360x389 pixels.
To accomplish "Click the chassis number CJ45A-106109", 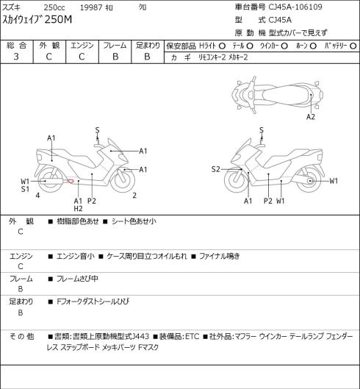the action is pos(295,7).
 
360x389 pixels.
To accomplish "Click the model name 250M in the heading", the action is pos(58,20).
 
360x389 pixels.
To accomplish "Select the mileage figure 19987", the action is pos(91,7).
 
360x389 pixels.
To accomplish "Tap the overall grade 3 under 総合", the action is pos(16,57).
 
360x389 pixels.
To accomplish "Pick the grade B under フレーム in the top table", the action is pos(115,57).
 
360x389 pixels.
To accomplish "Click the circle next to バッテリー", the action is pos(353,46).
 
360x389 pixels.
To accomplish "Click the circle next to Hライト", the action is pos(222,46).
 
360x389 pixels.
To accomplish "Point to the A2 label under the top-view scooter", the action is pos(311,117).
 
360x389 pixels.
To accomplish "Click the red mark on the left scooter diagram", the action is pos(71,181).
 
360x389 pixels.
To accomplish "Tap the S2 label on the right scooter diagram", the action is pos(216,169).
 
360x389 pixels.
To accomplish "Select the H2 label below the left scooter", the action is pos(78,209).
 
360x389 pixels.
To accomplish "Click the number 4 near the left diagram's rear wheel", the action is pos(37,196).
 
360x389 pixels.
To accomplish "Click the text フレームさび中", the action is pos(77,279).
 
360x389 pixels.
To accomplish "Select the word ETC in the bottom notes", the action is pos(192,336).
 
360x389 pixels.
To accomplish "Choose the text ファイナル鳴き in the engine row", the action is pos(220,256).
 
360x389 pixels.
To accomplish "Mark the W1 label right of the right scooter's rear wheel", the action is pos(334,181).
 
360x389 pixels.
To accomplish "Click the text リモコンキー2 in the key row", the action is pos(212,57).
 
